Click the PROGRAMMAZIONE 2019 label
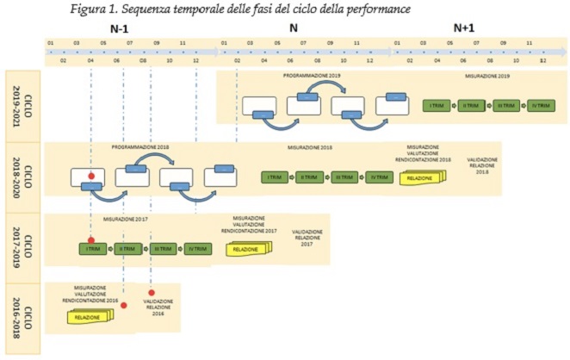[x=311, y=77]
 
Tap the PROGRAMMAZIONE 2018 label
[x=140, y=148]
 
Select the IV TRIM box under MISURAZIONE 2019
[x=538, y=106]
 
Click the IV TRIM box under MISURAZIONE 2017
[x=197, y=249]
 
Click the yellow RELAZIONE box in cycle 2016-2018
[x=88, y=317]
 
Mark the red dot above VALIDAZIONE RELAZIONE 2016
[x=152, y=293]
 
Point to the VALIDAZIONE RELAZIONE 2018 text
[x=481, y=165]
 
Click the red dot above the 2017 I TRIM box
[x=91, y=240]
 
